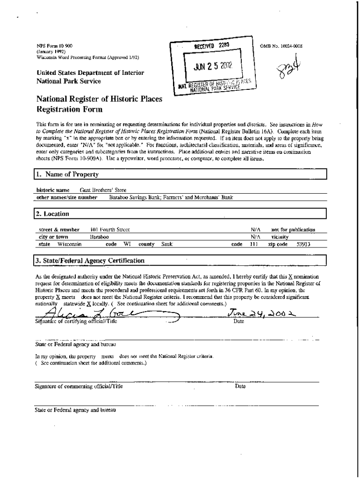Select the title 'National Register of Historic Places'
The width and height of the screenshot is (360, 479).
(x=96, y=99)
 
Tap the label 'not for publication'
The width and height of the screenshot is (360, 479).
(x=293, y=230)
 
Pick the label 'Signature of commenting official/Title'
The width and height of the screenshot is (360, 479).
(x=79, y=386)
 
